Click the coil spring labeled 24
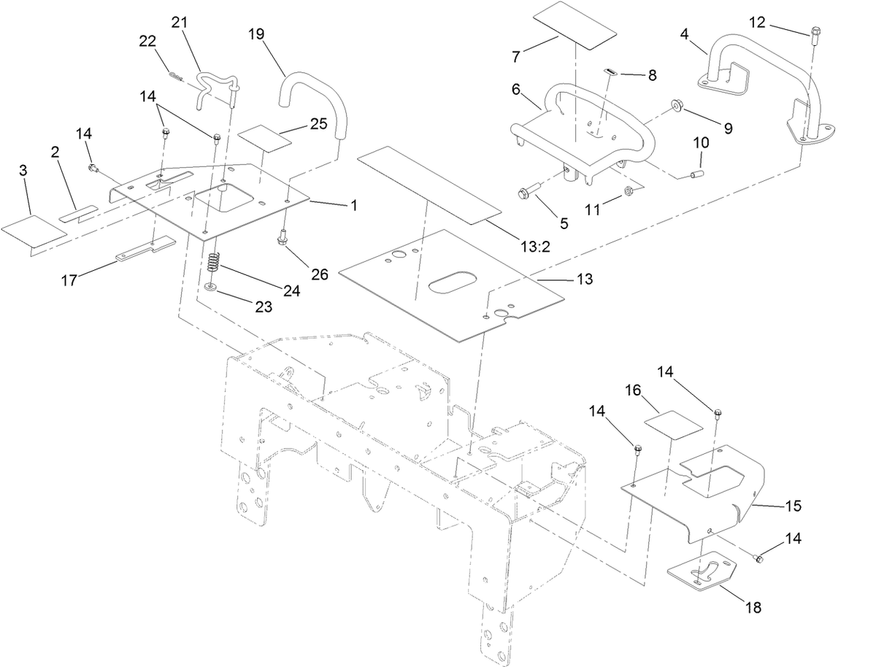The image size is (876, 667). [215, 263]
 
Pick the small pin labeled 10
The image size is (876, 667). [697, 174]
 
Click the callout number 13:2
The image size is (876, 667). [535, 247]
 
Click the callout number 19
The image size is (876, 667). [256, 34]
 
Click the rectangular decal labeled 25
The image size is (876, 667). [264, 139]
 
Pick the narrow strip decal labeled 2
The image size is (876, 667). [79, 213]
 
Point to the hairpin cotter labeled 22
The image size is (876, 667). [176, 76]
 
